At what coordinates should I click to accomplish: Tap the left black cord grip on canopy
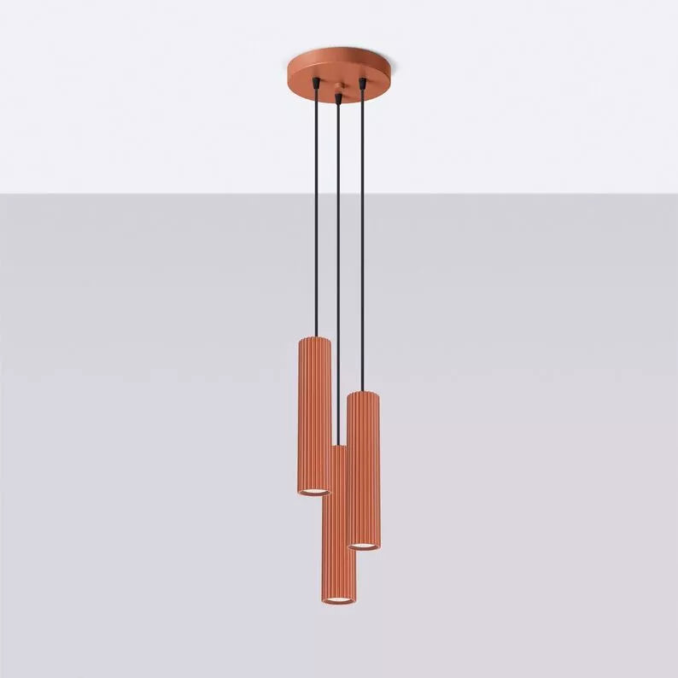316,84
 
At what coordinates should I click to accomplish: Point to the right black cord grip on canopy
362,84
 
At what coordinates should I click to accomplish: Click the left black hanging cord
316,213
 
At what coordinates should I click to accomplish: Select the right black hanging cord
362,239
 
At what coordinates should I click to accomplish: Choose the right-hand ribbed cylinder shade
364,465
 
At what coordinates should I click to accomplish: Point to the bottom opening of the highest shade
314,492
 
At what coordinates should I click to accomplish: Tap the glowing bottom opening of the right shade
364,545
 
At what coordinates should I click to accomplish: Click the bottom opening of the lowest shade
339,600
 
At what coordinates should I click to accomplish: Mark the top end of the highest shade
314,340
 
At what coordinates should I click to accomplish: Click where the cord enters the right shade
363,392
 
